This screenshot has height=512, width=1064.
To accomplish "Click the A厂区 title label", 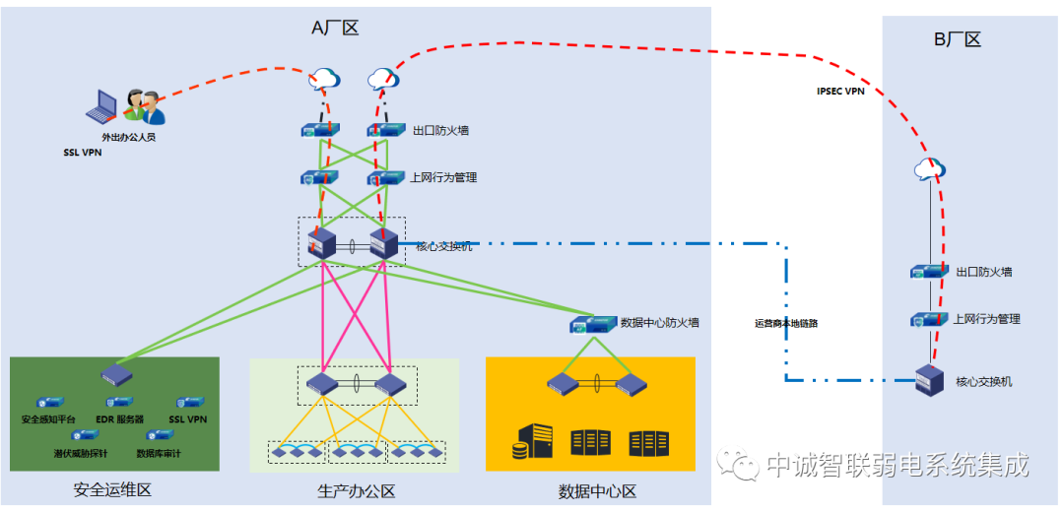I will click(x=335, y=29).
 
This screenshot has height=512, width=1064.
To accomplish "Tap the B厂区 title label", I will click(x=958, y=39).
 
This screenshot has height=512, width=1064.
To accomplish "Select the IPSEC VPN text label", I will click(x=840, y=91).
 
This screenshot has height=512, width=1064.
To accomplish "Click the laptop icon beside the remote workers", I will click(x=101, y=105).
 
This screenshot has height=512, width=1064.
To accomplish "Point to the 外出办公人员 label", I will click(x=128, y=137).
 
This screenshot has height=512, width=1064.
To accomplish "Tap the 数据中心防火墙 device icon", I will click(x=593, y=323).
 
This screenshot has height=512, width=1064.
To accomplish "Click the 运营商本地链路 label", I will click(x=786, y=323).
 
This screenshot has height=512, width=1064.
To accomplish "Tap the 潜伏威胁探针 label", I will click(x=81, y=453).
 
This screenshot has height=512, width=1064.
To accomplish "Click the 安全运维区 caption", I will click(x=112, y=490).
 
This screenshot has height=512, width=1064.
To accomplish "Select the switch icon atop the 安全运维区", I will click(x=115, y=374).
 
